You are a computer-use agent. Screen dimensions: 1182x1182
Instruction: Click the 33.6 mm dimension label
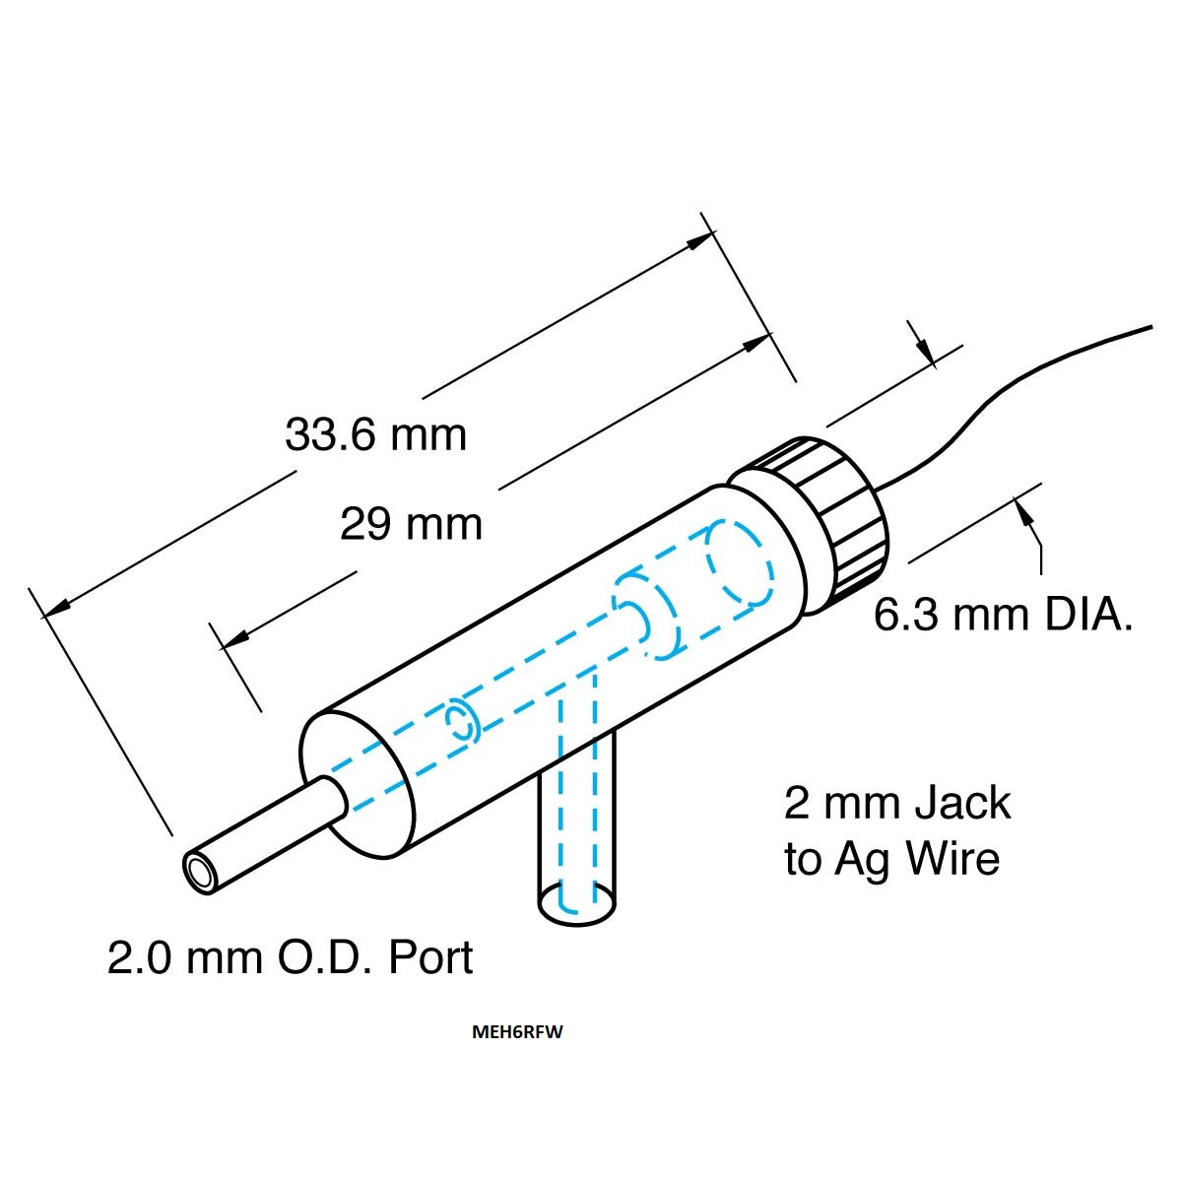(x=375, y=435)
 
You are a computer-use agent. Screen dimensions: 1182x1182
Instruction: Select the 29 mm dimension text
(x=411, y=524)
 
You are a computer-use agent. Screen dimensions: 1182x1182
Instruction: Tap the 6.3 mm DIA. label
(x=1003, y=615)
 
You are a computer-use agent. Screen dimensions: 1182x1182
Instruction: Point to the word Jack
(x=962, y=803)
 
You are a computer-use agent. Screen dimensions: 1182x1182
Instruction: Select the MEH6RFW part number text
(x=517, y=1031)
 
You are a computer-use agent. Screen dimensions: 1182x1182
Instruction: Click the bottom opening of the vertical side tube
(x=576, y=904)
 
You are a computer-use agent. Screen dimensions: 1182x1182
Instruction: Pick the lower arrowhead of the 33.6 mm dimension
(x=57, y=607)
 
